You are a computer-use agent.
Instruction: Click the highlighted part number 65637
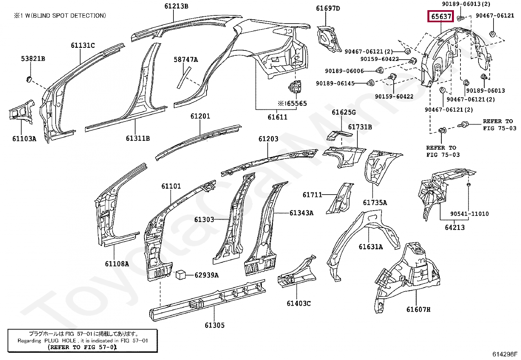click(x=441, y=16)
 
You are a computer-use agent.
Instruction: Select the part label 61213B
click(x=176, y=6)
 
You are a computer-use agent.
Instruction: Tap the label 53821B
click(x=33, y=58)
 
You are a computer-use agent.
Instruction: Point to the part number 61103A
click(x=24, y=139)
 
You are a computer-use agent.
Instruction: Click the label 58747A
click(x=186, y=60)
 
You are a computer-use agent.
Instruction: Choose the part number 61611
click(x=278, y=117)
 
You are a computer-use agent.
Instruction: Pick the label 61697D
click(x=328, y=9)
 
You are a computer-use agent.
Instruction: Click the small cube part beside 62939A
click(x=181, y=275)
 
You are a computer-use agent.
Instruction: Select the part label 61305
click(x=215, y=325)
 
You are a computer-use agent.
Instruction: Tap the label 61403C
click(x=299, y=303)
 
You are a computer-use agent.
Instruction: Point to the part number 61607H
click(x=419, y=309)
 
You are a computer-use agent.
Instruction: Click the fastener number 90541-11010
click(x=470, y=214)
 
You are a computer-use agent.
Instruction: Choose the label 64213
click(x=455, y=227)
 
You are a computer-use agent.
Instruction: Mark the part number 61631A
click(x=371, y=247)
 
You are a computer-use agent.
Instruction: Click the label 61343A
click(x=301, y=213)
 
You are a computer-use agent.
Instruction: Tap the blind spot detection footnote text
click(x=60, y=16)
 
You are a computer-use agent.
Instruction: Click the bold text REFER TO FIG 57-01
click(x=82, y=347)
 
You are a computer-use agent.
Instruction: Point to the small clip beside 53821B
click(x=29, y=79)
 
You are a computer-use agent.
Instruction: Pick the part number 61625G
click(x=344, y=112)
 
